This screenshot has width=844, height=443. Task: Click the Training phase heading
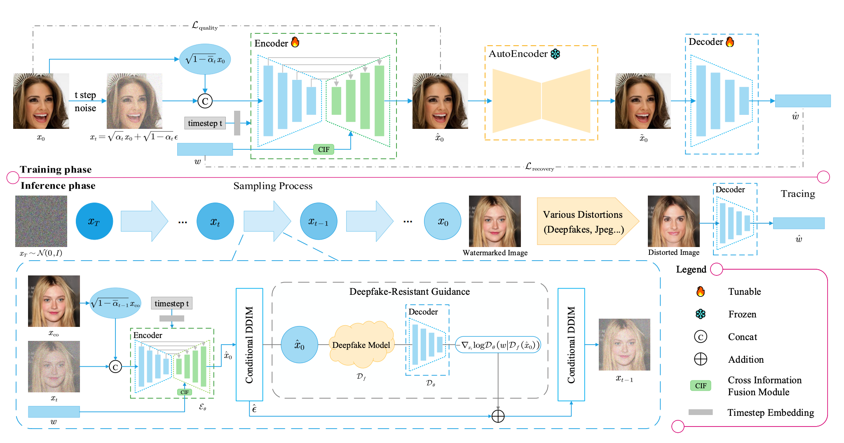tap(56, 170)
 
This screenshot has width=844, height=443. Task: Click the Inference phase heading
tap(58, 186)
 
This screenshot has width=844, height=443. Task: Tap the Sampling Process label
tap(273, 186)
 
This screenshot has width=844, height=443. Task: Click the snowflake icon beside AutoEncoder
tap(556, 54)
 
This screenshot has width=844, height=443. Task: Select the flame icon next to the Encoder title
tap(295, 42)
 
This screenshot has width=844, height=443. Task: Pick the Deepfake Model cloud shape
tap(361, 345)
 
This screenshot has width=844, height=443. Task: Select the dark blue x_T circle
tap(94, 221)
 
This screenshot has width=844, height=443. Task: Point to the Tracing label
tap(798, 194)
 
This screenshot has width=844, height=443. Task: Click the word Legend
tap(691, 270)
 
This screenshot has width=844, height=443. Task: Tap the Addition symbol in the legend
tap(701, 359)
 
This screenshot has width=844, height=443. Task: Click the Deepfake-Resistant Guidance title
tap(409, 292)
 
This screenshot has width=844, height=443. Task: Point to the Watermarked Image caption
tap(495, 253)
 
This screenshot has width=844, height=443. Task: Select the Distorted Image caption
tap(674, 252)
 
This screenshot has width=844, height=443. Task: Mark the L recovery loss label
tap(539, 167)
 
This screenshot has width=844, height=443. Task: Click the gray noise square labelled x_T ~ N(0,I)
tap(41, 221)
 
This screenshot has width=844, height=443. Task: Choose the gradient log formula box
tap(498, 345)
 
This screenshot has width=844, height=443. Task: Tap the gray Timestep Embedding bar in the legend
tap(701, 412)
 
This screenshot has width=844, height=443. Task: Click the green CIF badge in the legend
tap(701, 386)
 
